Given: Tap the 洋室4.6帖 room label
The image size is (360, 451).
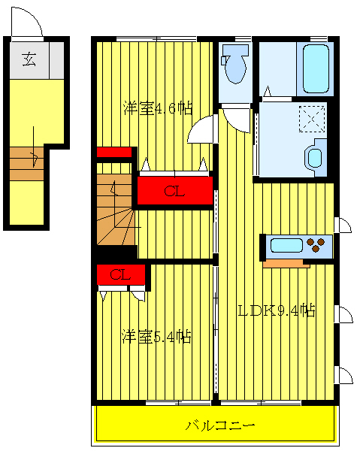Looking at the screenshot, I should [158, 109].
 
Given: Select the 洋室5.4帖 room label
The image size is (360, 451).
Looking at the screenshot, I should [156, 337].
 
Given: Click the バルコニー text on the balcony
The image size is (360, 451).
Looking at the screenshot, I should [221, 425].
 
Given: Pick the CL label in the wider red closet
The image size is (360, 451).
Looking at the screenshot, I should [174, 192].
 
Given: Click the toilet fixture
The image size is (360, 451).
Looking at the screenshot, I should [235, 64].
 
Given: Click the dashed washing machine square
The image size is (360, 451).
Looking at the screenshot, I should [309, 118].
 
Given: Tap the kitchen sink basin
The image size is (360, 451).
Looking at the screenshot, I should [286, 245].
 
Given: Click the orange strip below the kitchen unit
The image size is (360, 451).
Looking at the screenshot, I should [286, 263].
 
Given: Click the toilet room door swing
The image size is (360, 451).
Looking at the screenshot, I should [237, 119].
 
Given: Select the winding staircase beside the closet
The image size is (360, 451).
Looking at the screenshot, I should [116, 211].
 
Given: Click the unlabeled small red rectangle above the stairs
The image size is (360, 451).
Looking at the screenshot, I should [115, 152].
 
